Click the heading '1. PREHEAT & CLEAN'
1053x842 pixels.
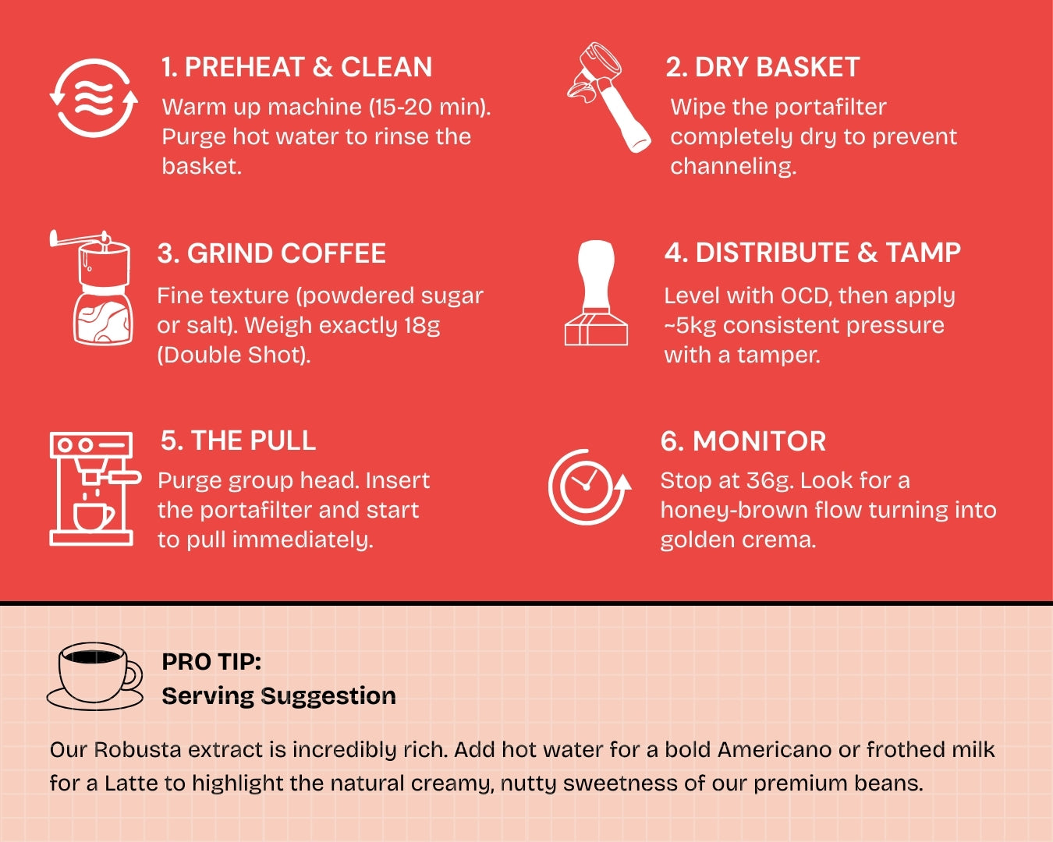[297, 67]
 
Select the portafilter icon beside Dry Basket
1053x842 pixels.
[608, 97]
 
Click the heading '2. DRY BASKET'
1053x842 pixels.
[763, 67]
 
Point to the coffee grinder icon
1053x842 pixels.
[91, 287]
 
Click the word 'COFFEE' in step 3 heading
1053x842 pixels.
[333, 253]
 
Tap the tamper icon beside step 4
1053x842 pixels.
[596, 292]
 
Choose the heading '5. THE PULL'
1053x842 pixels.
[239, 440]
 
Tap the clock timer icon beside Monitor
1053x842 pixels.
[590, 487]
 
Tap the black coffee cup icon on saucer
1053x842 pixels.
[95, 677]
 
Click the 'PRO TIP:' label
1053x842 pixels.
[211, 662]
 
